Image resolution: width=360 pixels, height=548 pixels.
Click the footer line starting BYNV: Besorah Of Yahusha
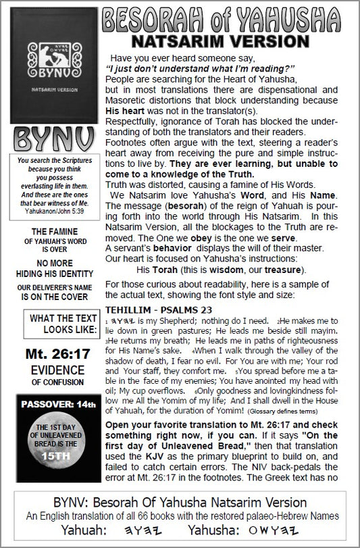click(180, 503)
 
